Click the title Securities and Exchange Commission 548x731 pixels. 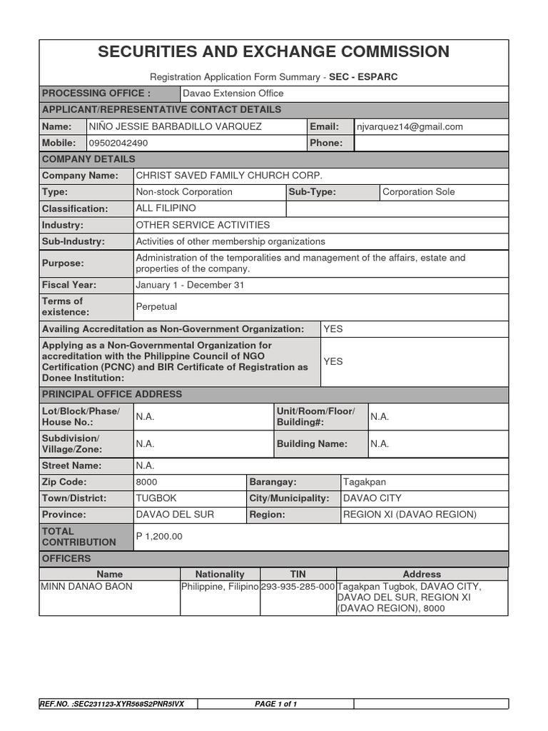(274, 51)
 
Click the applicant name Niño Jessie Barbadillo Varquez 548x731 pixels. (175, 126)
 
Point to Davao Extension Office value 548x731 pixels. (233, 94)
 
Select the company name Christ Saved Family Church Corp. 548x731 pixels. (229, 175)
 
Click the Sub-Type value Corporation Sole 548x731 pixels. (418, 191)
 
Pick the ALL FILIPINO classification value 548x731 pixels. (166, 208)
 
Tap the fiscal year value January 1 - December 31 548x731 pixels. (184, 285)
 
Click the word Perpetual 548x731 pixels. (156, 307)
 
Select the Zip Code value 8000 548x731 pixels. (147, 482)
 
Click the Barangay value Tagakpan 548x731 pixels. (365, 482)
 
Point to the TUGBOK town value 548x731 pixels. (156, 498)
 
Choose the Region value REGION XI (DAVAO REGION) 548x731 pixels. (410, 515)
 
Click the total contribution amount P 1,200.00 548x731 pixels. (159, 536)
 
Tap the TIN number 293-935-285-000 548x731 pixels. (298, 587)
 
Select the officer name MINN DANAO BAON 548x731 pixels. (86, 587)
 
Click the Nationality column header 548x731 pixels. (220, 574)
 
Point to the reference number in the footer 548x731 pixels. (113, 704)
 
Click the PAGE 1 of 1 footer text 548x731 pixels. (275, 704)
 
